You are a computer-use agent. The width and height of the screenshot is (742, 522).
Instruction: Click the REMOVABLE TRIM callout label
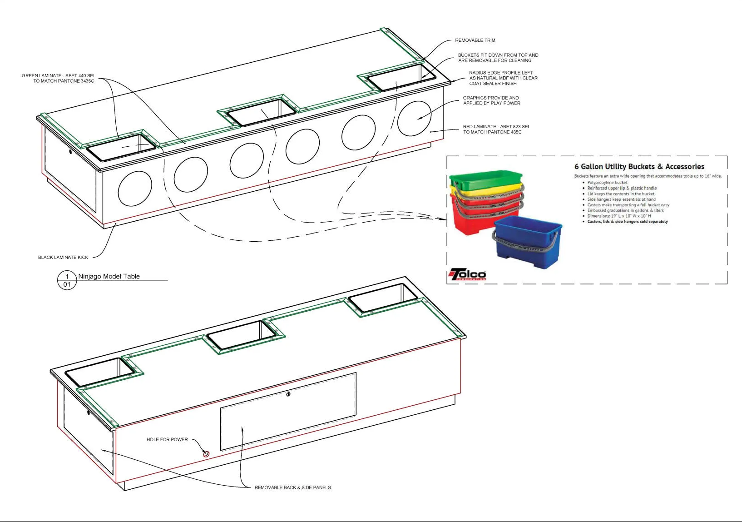475,40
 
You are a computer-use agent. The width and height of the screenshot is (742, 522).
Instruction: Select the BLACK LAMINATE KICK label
63,258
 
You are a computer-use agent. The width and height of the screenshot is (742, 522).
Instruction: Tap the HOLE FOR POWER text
167,440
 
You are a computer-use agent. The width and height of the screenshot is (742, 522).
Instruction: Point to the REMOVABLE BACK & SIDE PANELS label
292,487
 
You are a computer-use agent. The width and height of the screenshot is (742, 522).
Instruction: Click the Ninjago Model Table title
109,276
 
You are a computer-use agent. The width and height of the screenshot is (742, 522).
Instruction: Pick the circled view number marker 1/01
67,280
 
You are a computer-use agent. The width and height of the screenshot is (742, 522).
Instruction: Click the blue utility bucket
528,241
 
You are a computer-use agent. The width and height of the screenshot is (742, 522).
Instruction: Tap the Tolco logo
467,274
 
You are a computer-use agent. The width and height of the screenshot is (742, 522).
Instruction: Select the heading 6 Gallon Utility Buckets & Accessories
639,167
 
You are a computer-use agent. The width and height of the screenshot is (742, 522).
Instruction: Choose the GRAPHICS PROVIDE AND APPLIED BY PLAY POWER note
491,100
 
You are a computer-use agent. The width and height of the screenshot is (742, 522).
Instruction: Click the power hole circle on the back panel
206,454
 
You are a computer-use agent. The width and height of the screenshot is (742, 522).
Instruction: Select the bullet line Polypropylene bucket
607,183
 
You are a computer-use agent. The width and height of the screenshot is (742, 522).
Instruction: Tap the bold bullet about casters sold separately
628,222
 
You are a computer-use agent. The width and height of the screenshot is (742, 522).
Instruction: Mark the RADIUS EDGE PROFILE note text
503,78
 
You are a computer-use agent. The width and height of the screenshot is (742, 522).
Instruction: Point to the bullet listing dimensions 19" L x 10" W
619,216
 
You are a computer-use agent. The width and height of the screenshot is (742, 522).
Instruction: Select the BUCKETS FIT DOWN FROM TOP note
498,58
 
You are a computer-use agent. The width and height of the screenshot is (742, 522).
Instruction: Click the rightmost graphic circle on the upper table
414,119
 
